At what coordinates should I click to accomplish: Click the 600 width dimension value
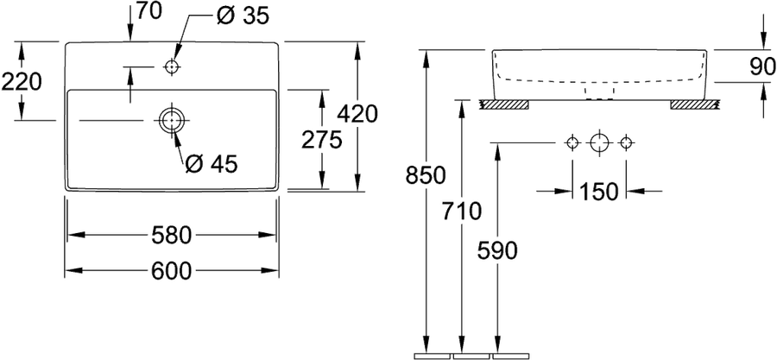[171, 271]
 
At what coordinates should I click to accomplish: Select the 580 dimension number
[170, 235]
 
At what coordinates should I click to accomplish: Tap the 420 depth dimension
[357, 114]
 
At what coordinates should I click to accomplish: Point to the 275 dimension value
[322, 140]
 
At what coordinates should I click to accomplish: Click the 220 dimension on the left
[22, 82]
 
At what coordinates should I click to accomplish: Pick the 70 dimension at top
[149, 12]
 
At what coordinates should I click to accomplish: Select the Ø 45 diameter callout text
[212, 164]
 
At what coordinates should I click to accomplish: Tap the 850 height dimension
[426, 175]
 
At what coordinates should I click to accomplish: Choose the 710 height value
[461, 212]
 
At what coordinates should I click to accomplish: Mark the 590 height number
[497, 251]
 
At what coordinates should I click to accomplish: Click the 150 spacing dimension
[598, 192]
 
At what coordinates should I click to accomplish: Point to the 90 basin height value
[762, 66]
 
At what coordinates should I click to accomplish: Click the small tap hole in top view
[172, 66]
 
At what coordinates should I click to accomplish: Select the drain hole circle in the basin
[172, 120]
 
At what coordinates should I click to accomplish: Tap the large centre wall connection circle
[599, 143]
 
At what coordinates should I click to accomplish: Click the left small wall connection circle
[572, 143]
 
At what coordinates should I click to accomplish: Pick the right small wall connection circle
[627, 143]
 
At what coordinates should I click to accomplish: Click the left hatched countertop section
[504, 104]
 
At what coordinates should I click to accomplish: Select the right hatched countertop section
[694, 104]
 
